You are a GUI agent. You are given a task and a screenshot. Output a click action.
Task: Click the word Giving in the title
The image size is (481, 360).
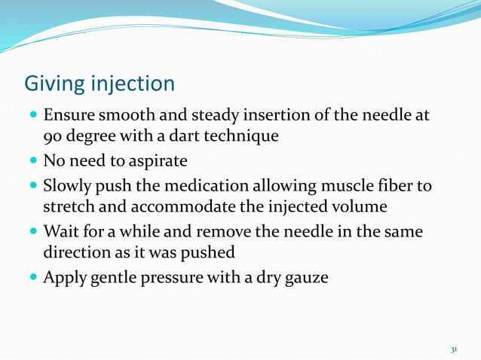(51, 82)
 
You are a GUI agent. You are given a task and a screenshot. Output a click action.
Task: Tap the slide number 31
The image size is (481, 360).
(454, 349)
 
